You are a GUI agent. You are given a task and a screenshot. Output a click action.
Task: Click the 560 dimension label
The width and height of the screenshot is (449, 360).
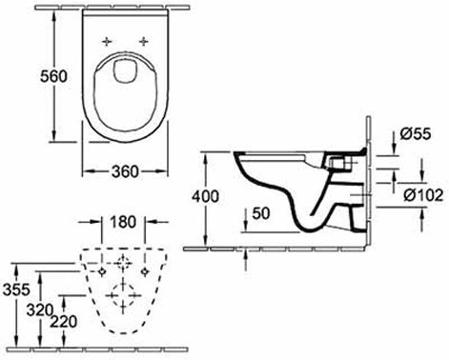(53, 76)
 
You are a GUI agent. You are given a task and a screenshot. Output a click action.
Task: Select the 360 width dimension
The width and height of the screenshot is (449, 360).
(125, 171)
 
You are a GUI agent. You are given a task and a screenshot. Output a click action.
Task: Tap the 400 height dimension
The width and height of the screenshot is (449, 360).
(205, 196)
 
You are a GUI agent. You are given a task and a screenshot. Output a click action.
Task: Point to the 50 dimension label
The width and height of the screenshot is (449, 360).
(261, 213)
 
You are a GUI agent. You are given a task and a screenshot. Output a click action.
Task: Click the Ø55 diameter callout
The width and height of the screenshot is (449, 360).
(416, 133)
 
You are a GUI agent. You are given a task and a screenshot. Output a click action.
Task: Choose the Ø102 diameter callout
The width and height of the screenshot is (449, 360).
(423, 195)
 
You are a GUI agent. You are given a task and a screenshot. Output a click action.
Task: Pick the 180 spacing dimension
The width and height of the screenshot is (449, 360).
(123, 222)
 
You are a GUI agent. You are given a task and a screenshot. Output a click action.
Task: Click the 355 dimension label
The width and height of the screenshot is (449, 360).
(16, 290)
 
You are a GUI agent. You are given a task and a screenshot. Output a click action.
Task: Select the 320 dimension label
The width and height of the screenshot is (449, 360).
(39, 310)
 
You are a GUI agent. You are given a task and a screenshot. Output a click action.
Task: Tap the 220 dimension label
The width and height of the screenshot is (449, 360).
(64, 322)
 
